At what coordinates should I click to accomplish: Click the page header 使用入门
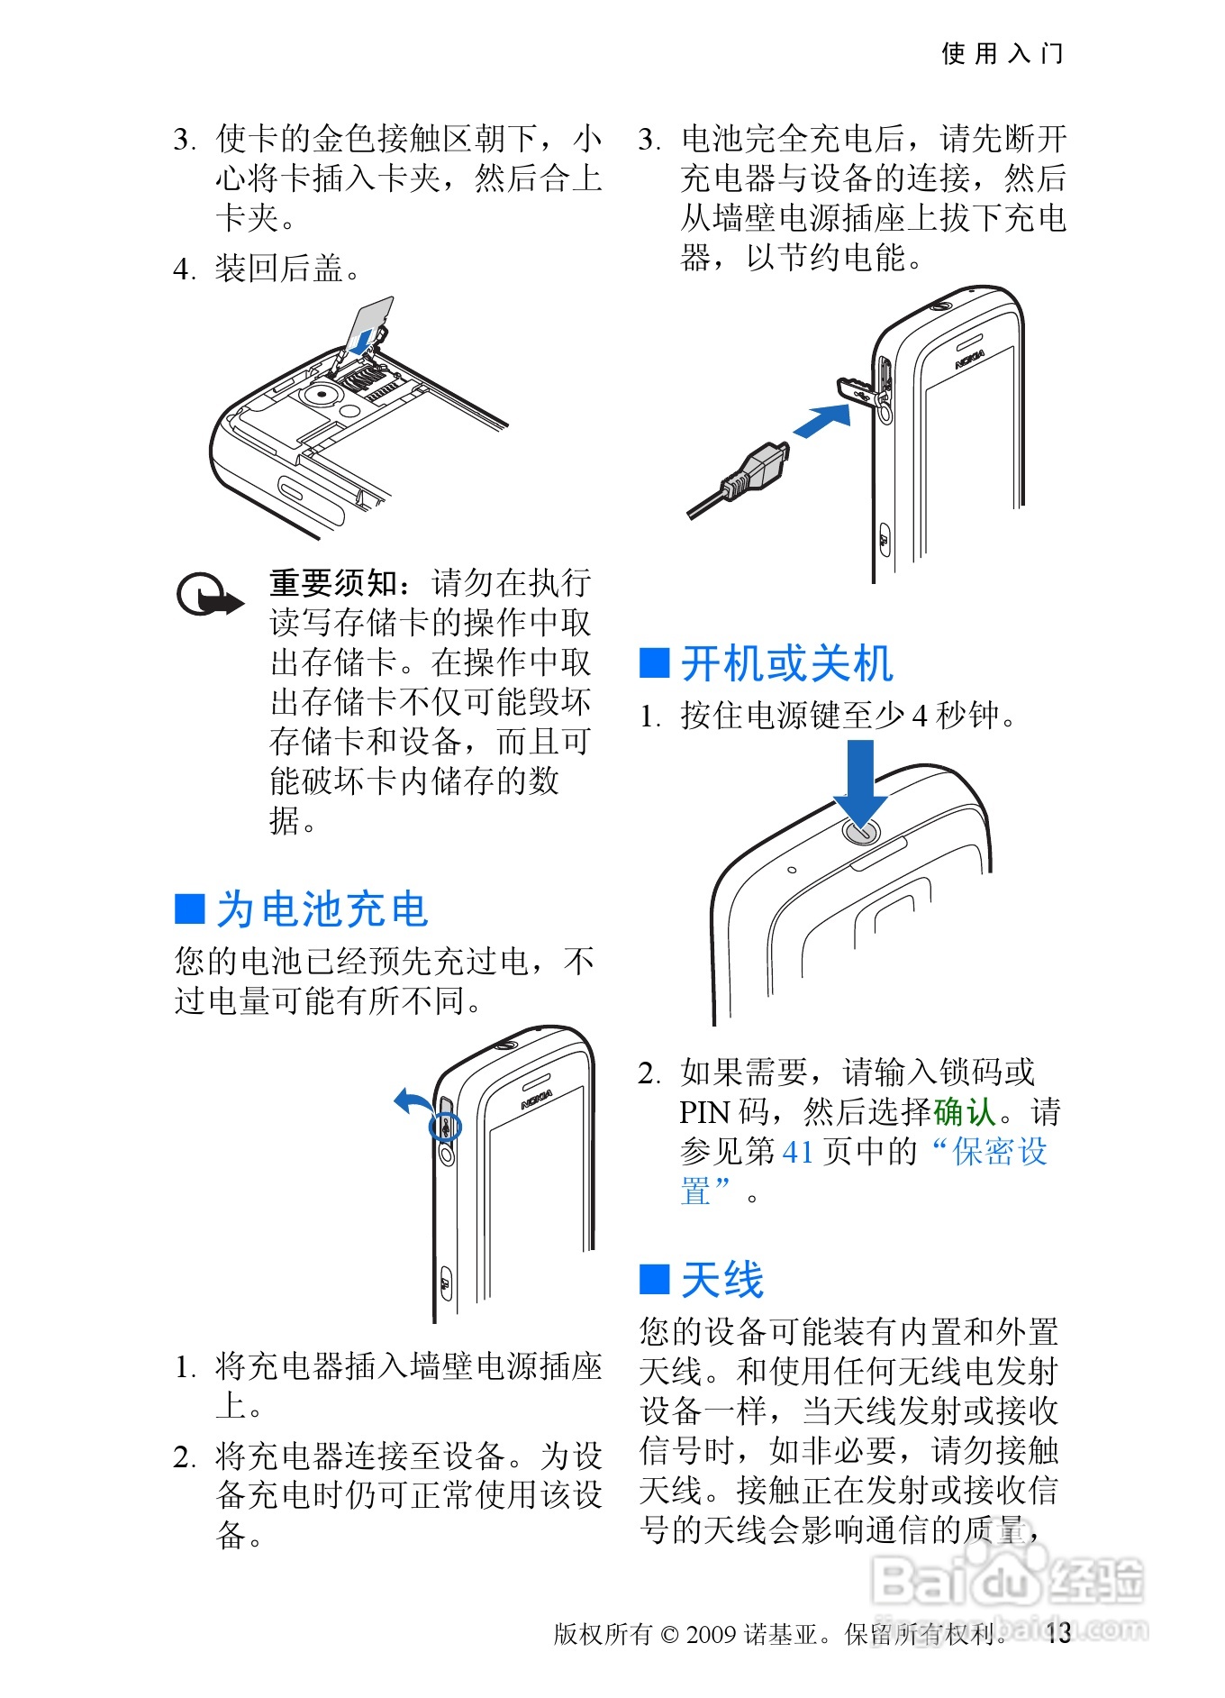[1002, 53]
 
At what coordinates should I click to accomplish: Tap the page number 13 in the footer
[1058, 1632]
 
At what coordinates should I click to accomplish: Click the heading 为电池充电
[322, 908]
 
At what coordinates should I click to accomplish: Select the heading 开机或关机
[786, 663]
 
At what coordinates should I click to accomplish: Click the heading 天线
[721, 1279]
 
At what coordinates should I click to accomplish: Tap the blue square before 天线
[654, 1279]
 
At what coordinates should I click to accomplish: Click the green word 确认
[965, 1111]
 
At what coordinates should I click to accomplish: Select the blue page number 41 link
[798, 1152]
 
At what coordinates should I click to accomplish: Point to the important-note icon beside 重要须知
[209, 595]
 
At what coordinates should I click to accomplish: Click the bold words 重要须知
[333, 583]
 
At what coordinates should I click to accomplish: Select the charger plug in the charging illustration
[739, 480]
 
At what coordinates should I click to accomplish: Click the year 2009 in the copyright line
[712, 1633]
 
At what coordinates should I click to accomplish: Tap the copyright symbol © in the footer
[669, 1634]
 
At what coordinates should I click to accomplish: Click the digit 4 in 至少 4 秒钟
[920, 716]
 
